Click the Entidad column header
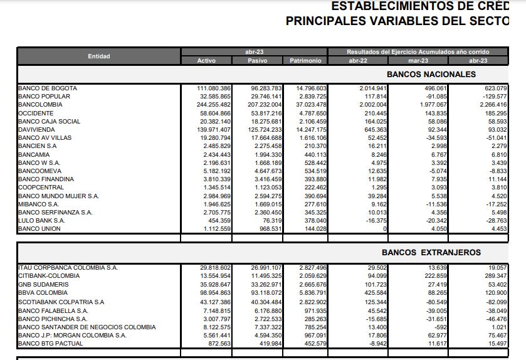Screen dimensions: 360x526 pos(98,56)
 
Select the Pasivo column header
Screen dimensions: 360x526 pos(257,61)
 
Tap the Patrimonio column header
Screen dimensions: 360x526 pos(305,61)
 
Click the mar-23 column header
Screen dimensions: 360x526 pos(418,61)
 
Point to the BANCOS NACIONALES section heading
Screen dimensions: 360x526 pos(431,75)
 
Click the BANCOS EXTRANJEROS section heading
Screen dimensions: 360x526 pos(431,253)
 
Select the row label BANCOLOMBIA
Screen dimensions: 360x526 pos(41,105)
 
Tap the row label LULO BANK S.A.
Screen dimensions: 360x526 pos(41,221)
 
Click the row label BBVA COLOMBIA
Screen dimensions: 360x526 pos(43,293)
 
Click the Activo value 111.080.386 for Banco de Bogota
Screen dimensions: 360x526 pos(214,88)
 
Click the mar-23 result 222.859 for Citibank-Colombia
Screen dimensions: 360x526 pos(434,276)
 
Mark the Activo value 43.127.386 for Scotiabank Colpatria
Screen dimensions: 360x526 pos(214,302)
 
